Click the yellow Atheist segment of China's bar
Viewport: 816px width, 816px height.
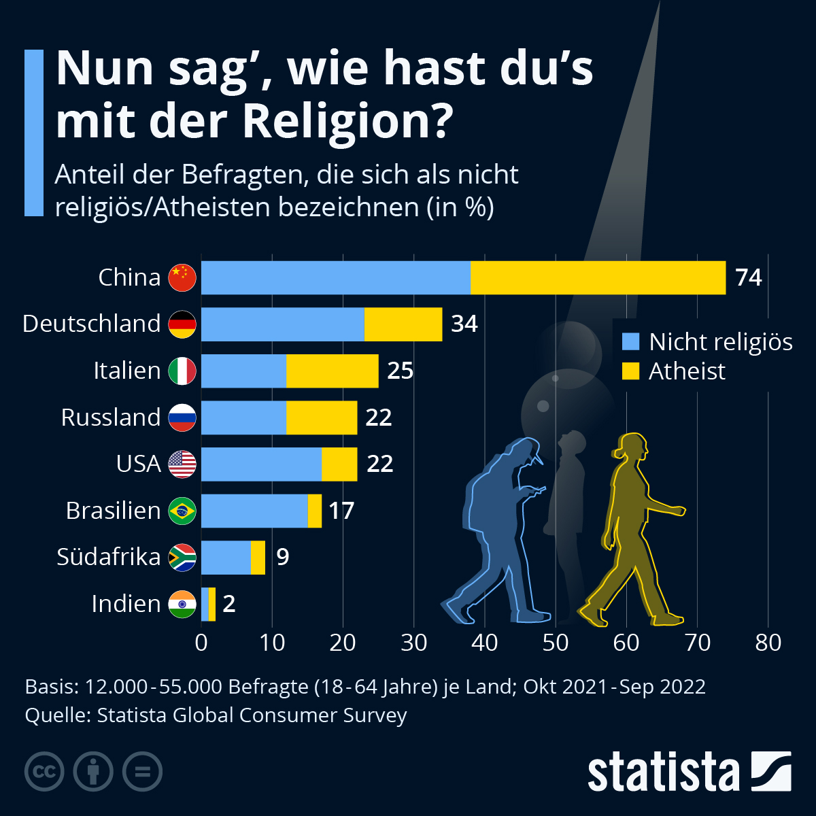click(x=598, y=277)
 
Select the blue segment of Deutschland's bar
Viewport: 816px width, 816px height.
click(x=282, y=324)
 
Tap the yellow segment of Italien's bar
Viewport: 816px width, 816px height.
click(x=332, y=371)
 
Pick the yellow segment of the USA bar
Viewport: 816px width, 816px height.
click(x=339, y=464)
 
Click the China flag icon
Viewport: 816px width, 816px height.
click(x=182, y=277)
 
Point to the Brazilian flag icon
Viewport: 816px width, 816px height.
click(x=182, y=511)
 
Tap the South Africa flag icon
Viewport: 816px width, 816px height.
click(x=182, y=558)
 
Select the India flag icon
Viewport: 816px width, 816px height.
click(x=182, y=604)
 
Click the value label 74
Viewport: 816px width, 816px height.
click(x=749, y=277)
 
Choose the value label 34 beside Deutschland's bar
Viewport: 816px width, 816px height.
click(x=464, y=324)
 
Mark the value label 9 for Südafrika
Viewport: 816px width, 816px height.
click(x=283, y=557)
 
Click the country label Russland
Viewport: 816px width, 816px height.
click(x=110, y=417)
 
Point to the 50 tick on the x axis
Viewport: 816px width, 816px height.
click(x=556, y=643)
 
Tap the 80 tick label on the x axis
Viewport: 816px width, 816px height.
click(x=768, y=643)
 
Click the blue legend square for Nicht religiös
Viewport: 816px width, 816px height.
click(x=631, y=341)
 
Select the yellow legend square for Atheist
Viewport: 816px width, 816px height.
click(x=631, y=371)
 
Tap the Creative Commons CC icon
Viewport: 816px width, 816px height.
click(x=45, y=772)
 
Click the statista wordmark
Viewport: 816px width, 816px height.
click(x=663, y=772)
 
